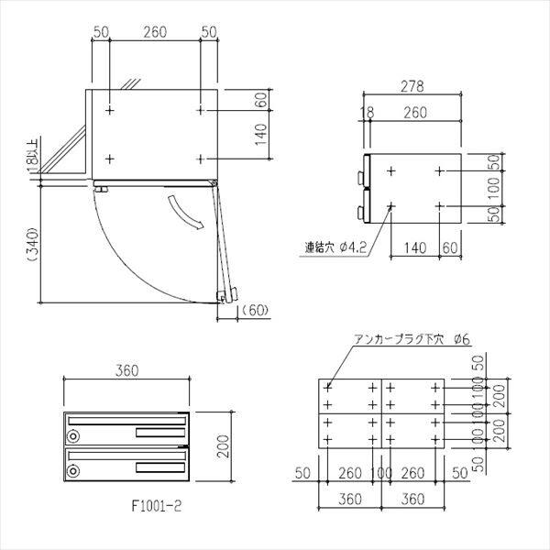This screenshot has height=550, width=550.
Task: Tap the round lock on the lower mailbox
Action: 73,471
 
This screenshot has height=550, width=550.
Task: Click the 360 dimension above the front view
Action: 126,371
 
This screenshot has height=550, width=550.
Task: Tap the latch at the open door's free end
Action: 224,294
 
